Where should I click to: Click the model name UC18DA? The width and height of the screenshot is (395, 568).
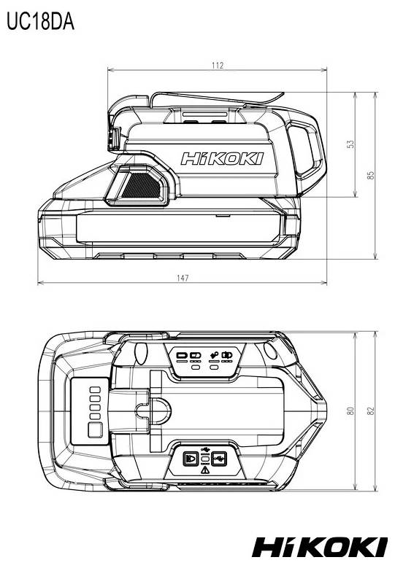tap(39, 22)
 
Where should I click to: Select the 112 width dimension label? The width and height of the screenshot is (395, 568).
tap(217, 66)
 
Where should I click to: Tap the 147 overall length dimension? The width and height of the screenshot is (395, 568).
tap(183, 278)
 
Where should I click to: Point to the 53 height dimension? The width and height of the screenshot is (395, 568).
tap(350, 144)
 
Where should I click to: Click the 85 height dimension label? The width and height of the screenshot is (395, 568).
tap(371, 176)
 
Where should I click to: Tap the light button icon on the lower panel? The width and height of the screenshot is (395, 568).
tap(190, 459)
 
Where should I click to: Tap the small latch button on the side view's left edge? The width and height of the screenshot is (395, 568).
tap(115, 139)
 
